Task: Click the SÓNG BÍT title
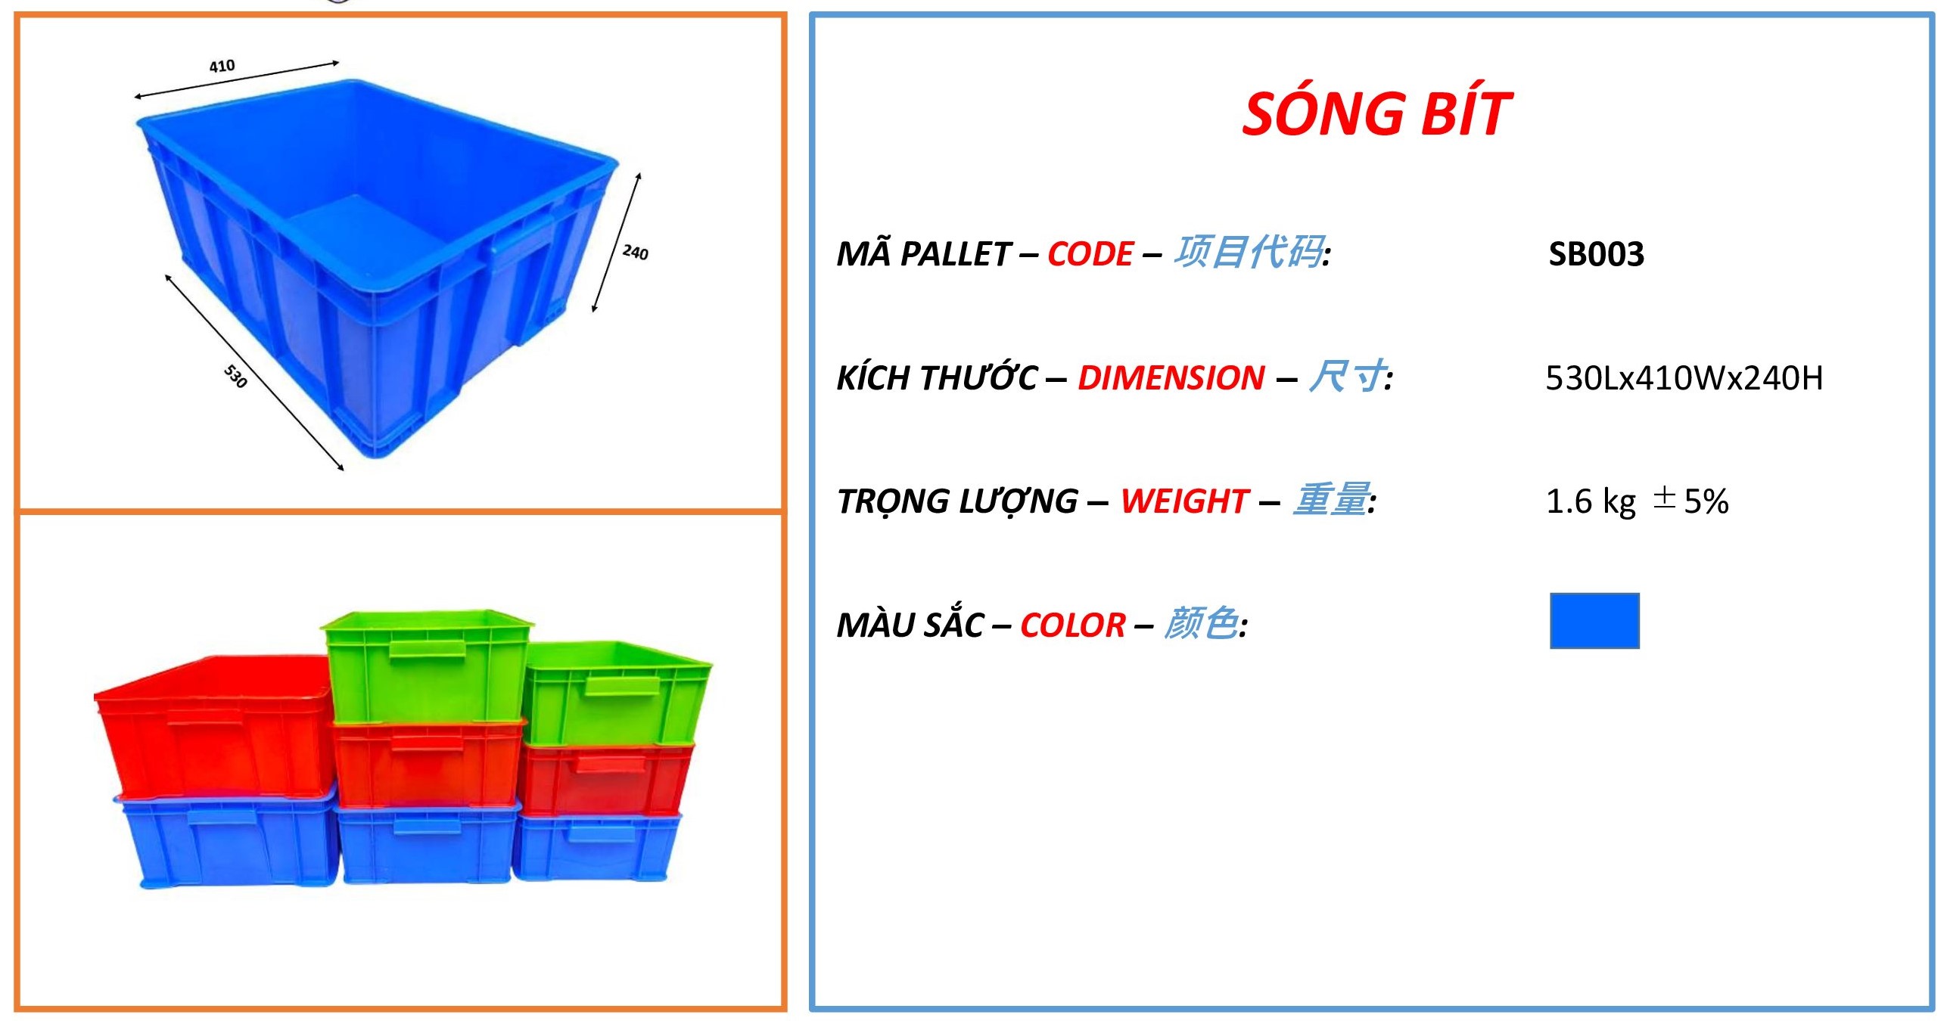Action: coord(1376,113)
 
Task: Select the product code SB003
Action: coord(1596,254)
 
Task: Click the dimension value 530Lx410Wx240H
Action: coord(1684,378)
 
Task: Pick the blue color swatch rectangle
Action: coord(1594,621)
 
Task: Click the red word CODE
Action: coord(1090,254)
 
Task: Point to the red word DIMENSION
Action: coord(1171,378)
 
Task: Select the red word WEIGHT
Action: coord(1183,501)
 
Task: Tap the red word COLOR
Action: coord(1072,625)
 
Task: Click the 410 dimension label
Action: coord(222,66)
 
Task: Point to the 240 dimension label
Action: coord(635,252)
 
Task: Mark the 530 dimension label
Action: coord(235,376)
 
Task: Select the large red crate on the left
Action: coord(214,726)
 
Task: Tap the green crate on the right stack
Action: coord(616,693)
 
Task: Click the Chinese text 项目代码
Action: coord(1249,253)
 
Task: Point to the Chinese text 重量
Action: coord(1331,500)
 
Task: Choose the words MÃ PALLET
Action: coord(923,254)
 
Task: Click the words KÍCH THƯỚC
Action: coord(936,377)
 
